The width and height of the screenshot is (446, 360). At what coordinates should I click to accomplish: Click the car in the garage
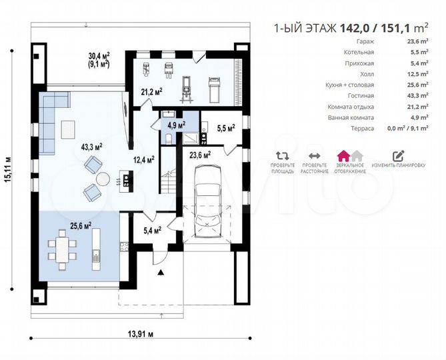coord(208,201)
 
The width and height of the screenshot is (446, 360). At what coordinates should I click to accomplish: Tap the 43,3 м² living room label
coord(91,147)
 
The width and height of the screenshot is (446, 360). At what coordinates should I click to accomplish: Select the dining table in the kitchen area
coord(63,250)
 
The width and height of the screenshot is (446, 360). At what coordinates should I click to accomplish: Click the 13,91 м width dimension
coord(141,333)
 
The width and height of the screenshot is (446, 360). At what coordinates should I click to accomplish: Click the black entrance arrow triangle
coord(161,273)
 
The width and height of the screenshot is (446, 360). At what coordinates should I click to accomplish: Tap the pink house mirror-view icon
coord(343,156)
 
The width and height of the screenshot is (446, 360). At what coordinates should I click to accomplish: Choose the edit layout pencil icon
coord(399,156)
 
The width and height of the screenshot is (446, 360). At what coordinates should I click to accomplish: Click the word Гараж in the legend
coord(365,41)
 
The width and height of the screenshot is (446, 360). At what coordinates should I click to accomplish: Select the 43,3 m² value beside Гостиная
coord(417,95)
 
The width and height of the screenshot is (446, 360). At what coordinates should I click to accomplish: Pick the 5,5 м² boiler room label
coord(226,128)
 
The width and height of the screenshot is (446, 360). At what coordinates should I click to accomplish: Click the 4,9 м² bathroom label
coord(177,125)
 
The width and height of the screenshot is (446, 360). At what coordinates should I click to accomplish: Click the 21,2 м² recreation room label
coord(152,91)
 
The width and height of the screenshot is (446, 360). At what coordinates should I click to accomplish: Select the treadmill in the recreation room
coord(215,89)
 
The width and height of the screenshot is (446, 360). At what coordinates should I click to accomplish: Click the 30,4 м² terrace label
coord(99,55)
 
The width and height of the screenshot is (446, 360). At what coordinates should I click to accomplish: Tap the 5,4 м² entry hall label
coord(153,230)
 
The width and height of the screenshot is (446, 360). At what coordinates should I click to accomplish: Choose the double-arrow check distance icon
coord(314,156)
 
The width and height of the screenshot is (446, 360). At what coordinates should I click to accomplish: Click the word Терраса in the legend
coord(362,129)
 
